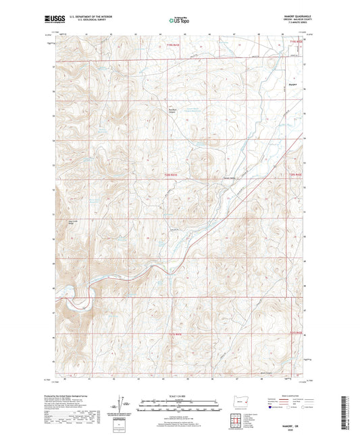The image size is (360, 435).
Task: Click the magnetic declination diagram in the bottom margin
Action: click(121, 405)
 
